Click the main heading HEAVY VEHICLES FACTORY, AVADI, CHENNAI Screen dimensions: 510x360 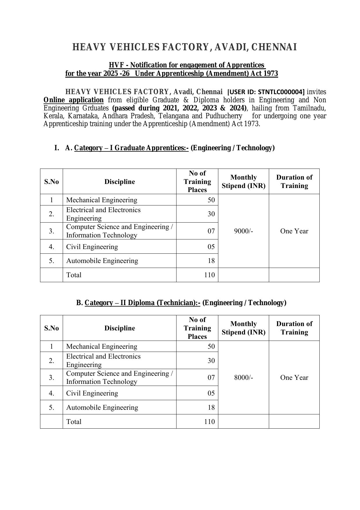185,47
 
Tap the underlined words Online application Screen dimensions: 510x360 73,100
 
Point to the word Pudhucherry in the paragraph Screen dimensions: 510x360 224,116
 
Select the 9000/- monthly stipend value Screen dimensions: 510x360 243,231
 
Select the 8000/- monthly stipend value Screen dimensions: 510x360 243,377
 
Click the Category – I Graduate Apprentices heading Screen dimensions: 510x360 131,148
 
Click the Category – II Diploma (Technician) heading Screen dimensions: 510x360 142,303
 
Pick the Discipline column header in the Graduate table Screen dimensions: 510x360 120,182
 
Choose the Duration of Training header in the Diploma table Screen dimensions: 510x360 294,328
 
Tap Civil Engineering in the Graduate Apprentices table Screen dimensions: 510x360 92,247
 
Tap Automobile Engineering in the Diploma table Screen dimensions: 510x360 102,407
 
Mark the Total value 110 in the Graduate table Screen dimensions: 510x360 209,275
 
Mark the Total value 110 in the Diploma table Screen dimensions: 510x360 209,422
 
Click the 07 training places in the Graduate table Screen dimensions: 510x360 211,231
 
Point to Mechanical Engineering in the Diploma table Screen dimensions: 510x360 102,346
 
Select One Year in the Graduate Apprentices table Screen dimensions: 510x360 294,231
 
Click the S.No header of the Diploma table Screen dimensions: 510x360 51,328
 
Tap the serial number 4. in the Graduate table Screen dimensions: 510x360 51,247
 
